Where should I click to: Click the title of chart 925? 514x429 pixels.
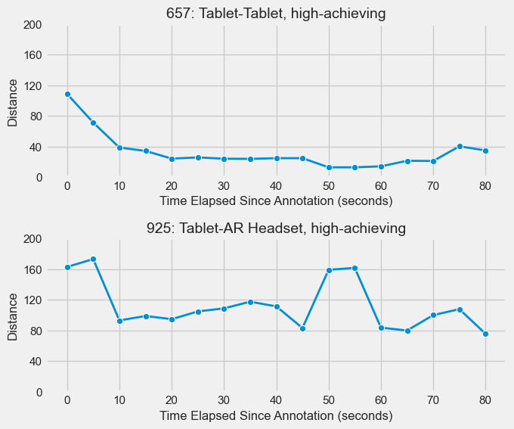tap(276, 228)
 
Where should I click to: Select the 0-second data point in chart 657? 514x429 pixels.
tap(67, 94)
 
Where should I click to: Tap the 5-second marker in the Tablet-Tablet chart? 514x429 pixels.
tap(93, 123)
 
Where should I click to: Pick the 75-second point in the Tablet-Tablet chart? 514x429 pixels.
tap(460, 146)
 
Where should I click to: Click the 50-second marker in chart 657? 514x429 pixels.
tap(329, 167)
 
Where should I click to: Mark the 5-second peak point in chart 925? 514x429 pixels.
tap(93, 259)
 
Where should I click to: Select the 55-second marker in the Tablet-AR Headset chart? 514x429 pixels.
tap(355, 268)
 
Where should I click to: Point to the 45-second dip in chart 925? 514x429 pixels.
tap(302, 328)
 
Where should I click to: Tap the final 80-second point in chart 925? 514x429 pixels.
tap(485, 334)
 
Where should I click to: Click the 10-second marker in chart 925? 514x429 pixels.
tap(119, 321)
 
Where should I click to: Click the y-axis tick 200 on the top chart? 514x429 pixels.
tap(33, 25)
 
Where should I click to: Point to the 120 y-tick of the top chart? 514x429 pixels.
tap(33, 86)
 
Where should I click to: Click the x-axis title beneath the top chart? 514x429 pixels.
tap(276, 201)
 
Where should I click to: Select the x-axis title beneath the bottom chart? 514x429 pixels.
tap(276, 416)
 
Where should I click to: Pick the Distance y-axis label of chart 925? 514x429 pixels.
tap(13, 316)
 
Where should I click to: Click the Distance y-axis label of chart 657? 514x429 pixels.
tap(13, 101)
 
